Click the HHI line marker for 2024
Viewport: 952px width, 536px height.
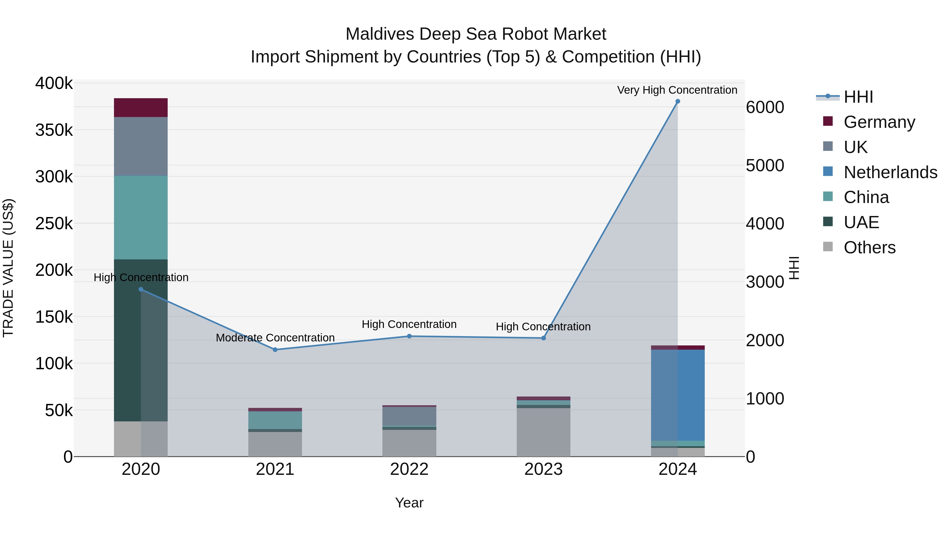[678, 101]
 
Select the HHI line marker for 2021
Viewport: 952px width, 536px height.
[275, 350]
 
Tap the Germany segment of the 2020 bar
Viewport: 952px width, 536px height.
[141, 108]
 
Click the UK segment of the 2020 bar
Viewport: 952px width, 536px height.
[141, 146]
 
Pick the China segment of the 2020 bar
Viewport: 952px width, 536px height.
[141, 218]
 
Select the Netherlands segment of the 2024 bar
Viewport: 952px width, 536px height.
[678, 395]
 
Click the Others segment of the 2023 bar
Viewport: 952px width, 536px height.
[543, 432]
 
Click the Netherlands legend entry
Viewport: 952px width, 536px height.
[890, 172]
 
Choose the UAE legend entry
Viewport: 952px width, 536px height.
[861, 222]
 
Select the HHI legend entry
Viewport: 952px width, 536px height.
[858, 97]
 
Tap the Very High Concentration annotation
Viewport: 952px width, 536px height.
[677, 90]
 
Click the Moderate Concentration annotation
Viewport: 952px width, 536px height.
[275, 338]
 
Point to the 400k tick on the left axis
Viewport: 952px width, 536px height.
[54, 84]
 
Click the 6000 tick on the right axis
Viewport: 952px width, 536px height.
[765, 107]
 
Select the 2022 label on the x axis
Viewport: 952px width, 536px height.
[409, 469]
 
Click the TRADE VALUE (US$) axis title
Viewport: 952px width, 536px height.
[8, 268]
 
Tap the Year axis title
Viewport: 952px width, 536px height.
[409, 503]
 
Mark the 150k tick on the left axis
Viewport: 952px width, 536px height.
[54, 317]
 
